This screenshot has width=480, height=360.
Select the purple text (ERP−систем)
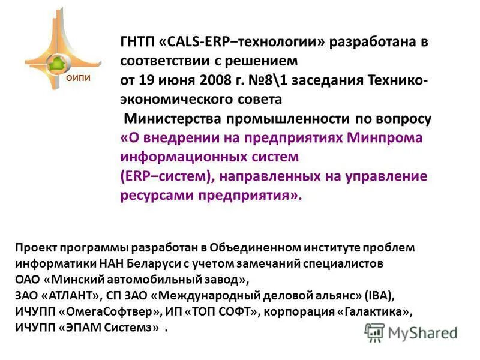coord(166,176)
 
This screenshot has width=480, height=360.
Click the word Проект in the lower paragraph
coord(34,247)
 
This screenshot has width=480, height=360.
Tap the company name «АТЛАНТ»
coord(71,296)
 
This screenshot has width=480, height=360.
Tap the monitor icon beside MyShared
coord(374,332)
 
